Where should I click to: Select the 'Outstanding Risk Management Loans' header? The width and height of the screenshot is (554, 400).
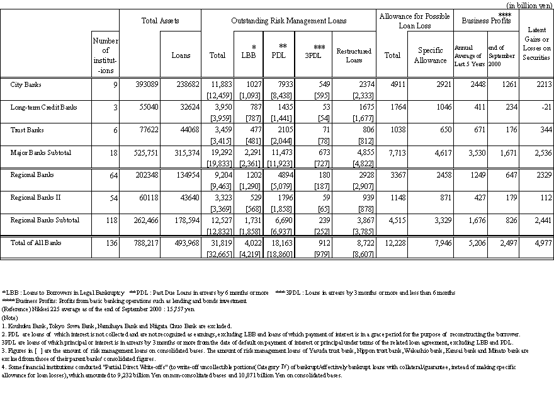pyautogui.click(x=289, y=20)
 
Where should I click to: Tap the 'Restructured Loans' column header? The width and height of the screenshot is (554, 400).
pyautogui.click(x=354, y=55)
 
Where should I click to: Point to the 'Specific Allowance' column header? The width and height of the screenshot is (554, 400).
pyautogui.click(x=430, y=55)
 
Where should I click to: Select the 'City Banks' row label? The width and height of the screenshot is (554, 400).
pyautogui.click(x=27, y=84)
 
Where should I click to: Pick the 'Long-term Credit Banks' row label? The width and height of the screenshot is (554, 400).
pyautogui.click(x=44, y=107)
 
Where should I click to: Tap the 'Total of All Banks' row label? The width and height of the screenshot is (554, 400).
pyautogui.click(x=37, y=243)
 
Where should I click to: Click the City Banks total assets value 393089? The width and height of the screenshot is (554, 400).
pyautogui.click(x=148, y=84)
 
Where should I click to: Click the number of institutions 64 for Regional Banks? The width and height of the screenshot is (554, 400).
pyautogui.click(x=113, y=175)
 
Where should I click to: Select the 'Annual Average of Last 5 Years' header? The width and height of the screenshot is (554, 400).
pyautogui.click(x=470, y=55)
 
